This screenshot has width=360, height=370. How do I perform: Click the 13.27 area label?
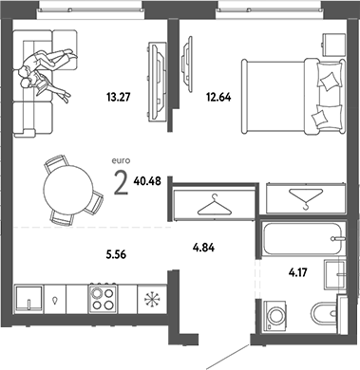coord(116,93)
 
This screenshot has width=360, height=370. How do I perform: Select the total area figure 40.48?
coord(147,183)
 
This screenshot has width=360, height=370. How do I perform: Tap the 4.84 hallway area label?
coord(205,249)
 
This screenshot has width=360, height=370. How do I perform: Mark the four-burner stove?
coord(102,296)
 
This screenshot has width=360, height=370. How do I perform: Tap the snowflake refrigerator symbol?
coord(151,296)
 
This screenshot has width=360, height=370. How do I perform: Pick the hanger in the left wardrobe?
coord(214,204)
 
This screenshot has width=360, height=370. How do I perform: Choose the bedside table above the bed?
coord(332,43)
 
